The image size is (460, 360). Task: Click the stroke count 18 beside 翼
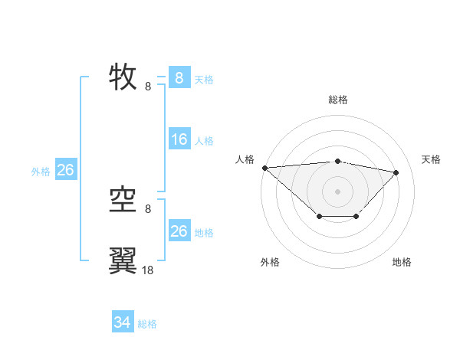(x=148, y=270)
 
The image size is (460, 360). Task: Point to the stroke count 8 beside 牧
(x=148, y=86)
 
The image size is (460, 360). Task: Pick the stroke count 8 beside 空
(x=148, y=208)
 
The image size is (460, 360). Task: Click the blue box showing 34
(x=123, y=323)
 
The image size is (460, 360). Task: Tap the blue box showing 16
(x=179, y=139)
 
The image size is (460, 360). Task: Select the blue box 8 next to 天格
(x=179, y=78)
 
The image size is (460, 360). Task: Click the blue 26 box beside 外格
(x=65, y=170)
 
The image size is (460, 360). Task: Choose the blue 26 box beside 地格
(x=179, y=231)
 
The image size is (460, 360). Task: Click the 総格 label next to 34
(x=147, y=324)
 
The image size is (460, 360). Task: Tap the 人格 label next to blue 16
(x=204, y=141)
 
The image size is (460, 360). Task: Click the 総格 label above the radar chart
(x=337, y=100)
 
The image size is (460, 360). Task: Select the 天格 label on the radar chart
(x=431, y=159)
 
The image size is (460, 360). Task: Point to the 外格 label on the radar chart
(x=270, y=262)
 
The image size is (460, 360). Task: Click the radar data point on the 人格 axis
(x=264, y=168)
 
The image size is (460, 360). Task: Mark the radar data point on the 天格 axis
(x=396, y=172)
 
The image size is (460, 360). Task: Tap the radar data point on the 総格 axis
(x=337, y=161)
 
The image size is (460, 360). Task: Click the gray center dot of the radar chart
(x=337, y=191)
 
